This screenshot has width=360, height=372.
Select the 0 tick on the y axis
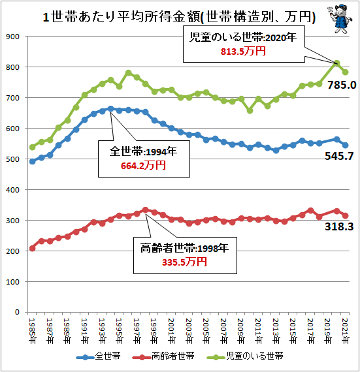tap(20, 312)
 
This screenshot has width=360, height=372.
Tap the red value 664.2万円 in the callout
tap(143, 166)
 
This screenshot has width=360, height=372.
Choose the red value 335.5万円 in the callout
tap(184, 262)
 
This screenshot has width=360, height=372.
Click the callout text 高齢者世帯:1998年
tap(184, 249)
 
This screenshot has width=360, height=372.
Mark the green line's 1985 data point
tap(33, 147)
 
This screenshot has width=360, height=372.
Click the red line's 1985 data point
tap(33, 248)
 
